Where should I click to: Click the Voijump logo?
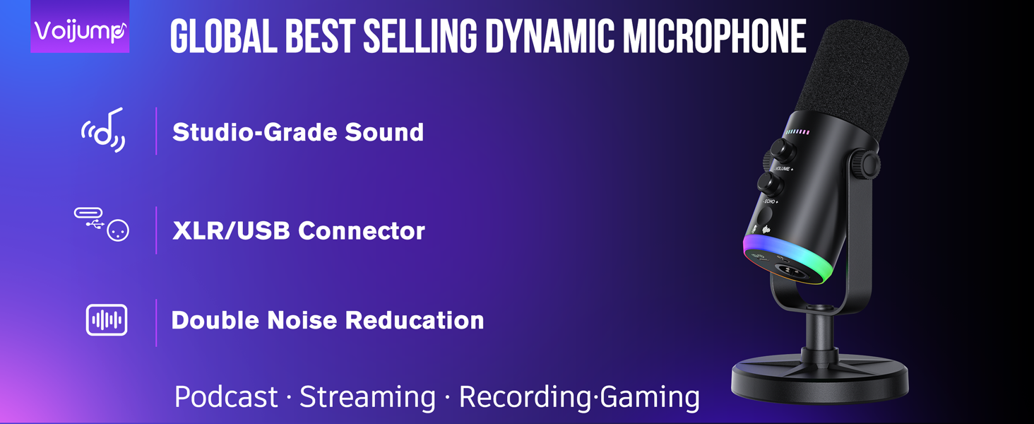point(80,29)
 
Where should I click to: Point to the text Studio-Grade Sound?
point(298,132)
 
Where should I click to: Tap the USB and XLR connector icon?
point(102,224)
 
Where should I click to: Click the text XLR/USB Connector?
point(299,230)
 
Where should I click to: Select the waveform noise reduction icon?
point(107,320)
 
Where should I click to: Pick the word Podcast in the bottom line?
point(226,397)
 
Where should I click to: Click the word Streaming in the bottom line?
point(367,397)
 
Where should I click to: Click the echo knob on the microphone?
point(768,184)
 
